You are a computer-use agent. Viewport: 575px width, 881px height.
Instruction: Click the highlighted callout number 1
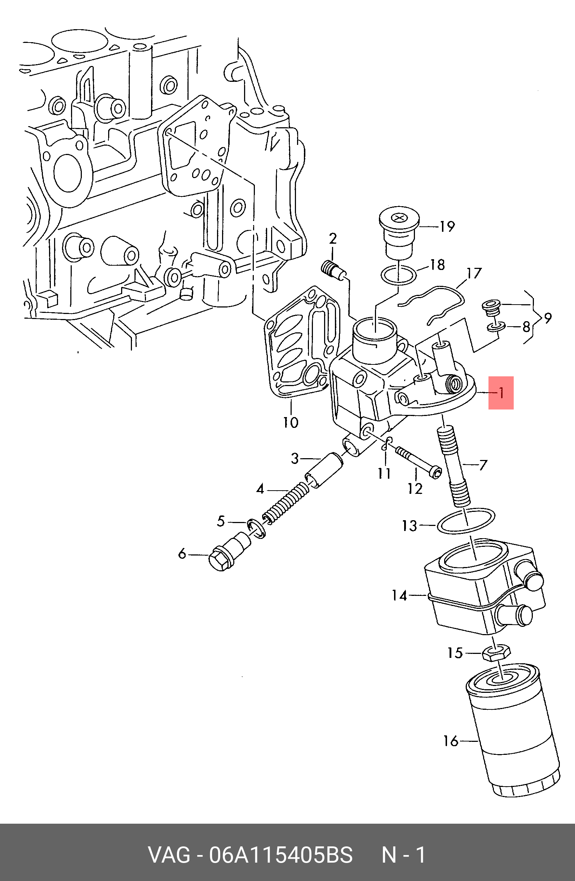[501, 393]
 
